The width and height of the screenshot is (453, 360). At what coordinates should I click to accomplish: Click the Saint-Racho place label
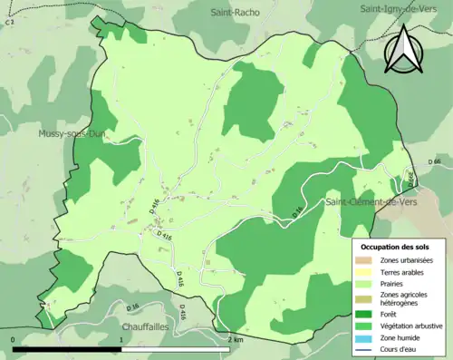tap(236, 13)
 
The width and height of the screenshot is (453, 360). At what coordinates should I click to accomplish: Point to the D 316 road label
tap(297, 211)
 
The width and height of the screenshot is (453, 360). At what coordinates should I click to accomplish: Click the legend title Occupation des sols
tap(396, 247)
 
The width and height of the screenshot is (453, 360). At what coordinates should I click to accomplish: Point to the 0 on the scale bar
tap(14, 339)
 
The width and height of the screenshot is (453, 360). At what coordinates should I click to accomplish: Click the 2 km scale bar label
tap(236, 339)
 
